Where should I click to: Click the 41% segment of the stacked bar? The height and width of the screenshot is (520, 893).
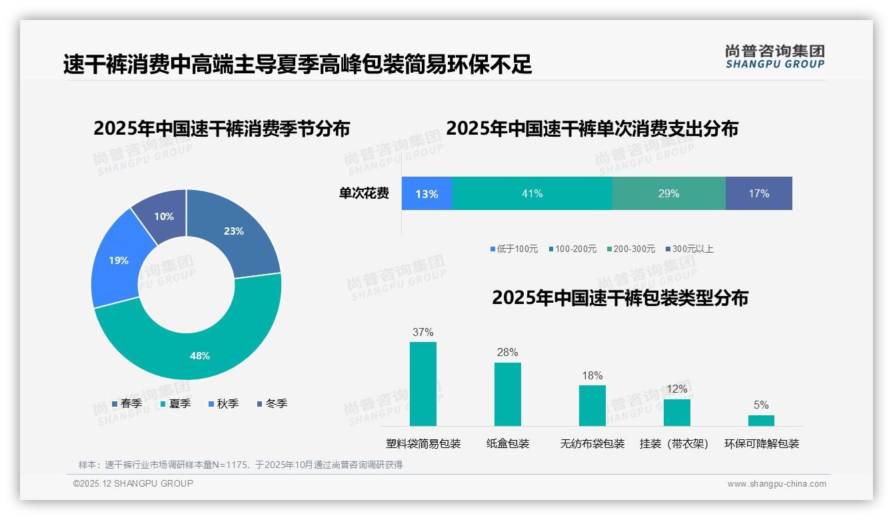coord(532,193)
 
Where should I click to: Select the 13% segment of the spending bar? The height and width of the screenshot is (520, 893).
coord(427,193)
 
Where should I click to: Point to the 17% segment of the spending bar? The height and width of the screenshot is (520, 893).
coord(758,193)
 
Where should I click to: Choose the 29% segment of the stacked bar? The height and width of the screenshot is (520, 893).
coord(668,193)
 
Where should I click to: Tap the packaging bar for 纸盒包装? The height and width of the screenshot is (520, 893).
coord(507,394)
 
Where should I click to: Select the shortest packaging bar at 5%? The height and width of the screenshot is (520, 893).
coord(761,421)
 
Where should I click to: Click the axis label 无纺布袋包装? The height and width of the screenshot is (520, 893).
coord(592,444)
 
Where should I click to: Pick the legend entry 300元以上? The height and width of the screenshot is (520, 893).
coord(689,249)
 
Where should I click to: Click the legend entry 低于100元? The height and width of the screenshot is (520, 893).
coord(514,249)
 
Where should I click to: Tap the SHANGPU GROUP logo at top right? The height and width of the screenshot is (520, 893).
coord(774,56)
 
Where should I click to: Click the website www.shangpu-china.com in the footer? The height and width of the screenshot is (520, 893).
coord(776,484)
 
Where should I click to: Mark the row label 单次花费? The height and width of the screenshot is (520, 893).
coord(364,193)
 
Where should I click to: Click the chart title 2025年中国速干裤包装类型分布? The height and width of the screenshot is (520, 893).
coord(620,297)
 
